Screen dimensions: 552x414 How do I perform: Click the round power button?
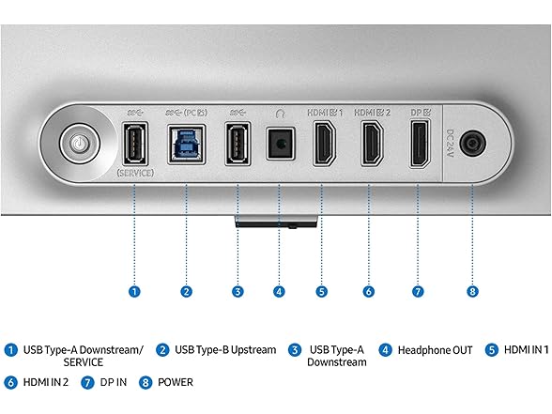click(80, 144)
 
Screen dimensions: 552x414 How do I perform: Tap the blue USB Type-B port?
click(187, 144)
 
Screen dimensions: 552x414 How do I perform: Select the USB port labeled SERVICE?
click(135, 144)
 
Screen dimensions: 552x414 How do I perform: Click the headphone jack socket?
click(280, 144)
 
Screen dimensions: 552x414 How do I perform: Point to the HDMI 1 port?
click(324, 144)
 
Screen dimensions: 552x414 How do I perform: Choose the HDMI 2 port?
click(373, 144)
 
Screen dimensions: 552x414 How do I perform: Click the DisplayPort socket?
click(420, 144)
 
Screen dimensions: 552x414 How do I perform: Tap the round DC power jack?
click(473, 144)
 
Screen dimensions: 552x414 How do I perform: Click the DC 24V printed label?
click(451, 144)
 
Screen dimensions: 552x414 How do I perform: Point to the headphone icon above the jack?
click(280, 113)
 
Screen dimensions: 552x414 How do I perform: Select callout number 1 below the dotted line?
click(134, 291)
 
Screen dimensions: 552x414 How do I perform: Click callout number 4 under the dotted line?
click(279, 291)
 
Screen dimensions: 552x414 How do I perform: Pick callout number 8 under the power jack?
click(472, 291)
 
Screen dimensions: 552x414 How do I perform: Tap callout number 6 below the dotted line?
click(369, 291)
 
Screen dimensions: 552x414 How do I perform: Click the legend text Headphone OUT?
click(436, 350)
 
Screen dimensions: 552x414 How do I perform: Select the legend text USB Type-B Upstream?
click(225, 350)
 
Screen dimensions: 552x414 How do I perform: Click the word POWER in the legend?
click(176, 382)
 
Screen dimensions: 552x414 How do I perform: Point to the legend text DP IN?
click(114, 382)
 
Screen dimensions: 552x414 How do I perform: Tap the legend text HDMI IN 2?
click(46, 382)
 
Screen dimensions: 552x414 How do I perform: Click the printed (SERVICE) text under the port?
click(135, 173)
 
